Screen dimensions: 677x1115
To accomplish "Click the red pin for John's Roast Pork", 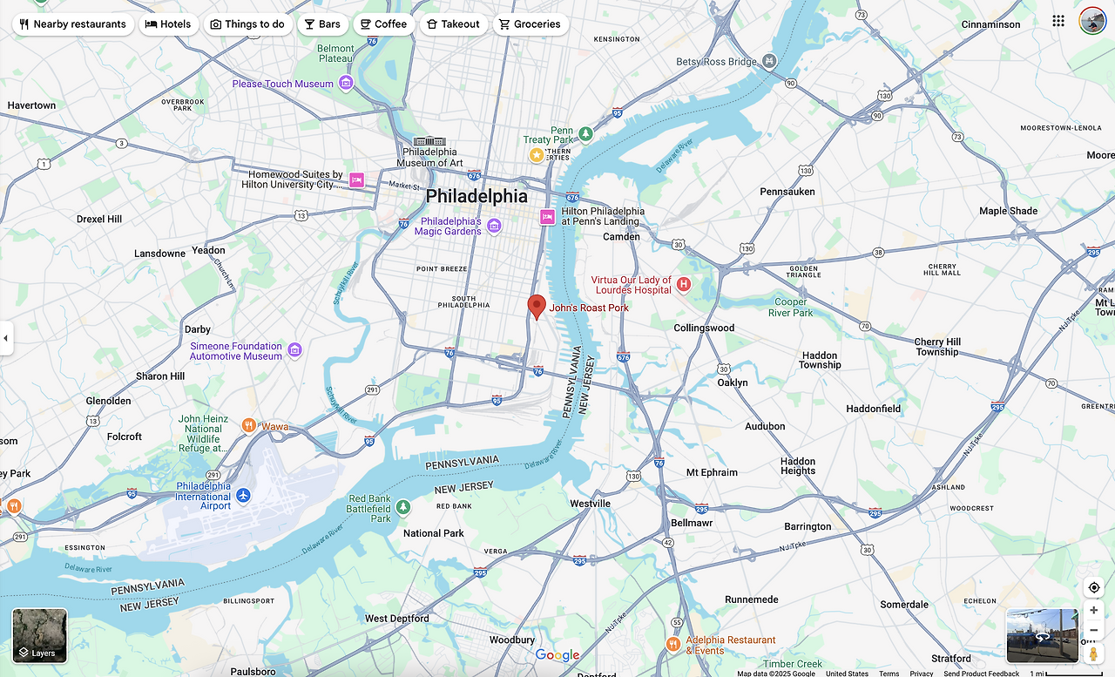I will click(x=537, y=306).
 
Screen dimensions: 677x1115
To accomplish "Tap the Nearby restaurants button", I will click(x=73, y=24).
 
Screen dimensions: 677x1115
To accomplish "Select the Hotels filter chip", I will click(x=168, y=24).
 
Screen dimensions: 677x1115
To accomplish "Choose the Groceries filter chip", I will click(x=530, y=24).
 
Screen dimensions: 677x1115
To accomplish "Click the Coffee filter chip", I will click(x=384, y=24).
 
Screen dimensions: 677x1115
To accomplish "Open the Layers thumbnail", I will click(x=40, y=635).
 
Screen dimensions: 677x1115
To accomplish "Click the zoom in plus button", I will click(x=1093, y=610).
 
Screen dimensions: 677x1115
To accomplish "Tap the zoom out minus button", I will click(x=1093, y=630).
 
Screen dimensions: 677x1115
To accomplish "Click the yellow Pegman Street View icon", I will click(x=1093, y=653).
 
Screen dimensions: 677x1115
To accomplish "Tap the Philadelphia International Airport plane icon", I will click(x=243, y=495).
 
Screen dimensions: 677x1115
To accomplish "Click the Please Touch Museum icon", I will click(x=346, y=84).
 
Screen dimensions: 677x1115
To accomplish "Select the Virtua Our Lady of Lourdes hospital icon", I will click(x=684, y=284).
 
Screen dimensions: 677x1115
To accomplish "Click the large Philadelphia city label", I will click(x=476, y=196).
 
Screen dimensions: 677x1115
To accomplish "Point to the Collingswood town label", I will click(x=704, y=328).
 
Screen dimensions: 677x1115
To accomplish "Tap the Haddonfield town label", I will click(x=873, y=409).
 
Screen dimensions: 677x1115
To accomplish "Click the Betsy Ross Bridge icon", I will click(x=769, y=61).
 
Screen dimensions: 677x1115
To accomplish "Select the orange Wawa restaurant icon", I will click(x=249, y=426).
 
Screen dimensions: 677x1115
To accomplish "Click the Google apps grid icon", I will click(x=1058, y=21).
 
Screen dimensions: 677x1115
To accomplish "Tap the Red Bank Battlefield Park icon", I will click(x=402, y=506).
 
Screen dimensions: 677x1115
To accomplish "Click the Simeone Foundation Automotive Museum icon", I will click(x=294, y=350).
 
